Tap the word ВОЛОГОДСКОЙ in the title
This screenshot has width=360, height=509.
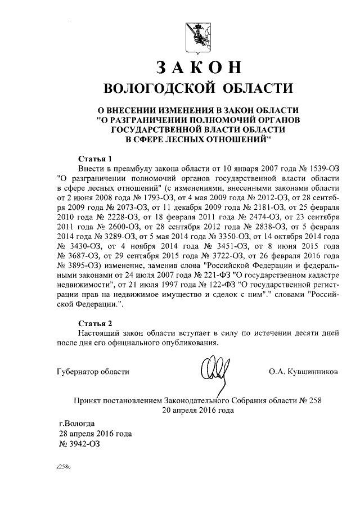[x=159, y=88]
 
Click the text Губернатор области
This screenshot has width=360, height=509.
[x=93, y=372]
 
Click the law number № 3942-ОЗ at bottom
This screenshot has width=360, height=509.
[x=82, y=444]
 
